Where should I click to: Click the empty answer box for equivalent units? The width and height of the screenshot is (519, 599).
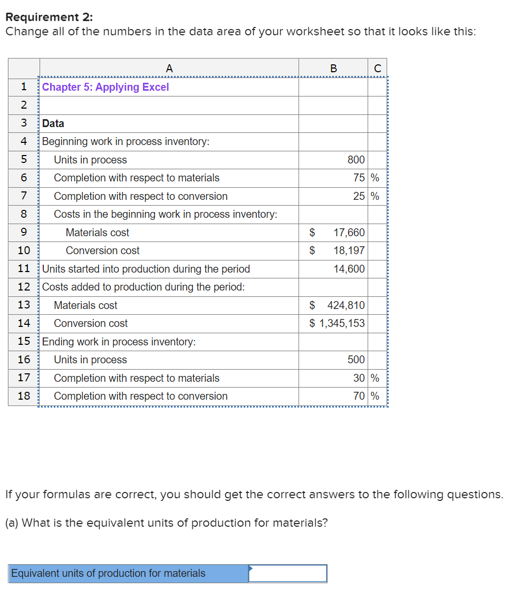287,573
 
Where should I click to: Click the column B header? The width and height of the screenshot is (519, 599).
333,68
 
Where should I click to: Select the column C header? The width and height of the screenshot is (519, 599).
377,68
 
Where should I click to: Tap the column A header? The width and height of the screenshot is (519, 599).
169,68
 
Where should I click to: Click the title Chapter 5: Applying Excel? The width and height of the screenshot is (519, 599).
105,87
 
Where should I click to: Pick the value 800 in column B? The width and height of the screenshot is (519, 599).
356,160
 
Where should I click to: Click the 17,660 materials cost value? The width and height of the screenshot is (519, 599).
349,233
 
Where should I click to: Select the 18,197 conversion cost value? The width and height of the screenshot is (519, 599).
349,250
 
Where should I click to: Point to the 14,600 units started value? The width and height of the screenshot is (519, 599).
349,269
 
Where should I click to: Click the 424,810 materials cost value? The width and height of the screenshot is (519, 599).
345,305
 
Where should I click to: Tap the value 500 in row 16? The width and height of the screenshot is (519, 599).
356,360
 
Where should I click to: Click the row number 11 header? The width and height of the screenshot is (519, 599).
24,269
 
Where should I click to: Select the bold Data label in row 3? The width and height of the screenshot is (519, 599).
53,123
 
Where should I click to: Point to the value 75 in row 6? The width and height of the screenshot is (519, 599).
360,178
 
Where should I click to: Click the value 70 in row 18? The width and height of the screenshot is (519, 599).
360,396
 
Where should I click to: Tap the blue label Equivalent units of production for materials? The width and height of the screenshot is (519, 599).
108,573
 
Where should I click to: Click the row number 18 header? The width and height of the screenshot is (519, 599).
24,396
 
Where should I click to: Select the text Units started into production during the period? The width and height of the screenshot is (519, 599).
146,269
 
